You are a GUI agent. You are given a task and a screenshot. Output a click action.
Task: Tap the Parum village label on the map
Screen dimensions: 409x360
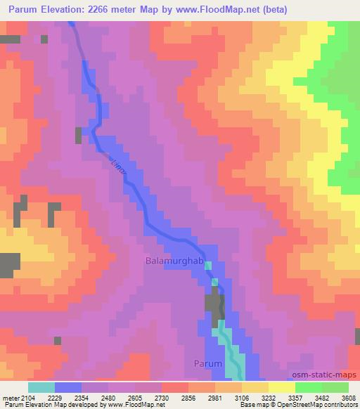pyautogui.click(x=208, y=364)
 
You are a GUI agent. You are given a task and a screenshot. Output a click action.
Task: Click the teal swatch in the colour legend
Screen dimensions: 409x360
pyautogui.click(x=41, y=387)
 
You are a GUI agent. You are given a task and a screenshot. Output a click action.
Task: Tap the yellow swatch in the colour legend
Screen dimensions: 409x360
pyautogui.click(x=281, y=387)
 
